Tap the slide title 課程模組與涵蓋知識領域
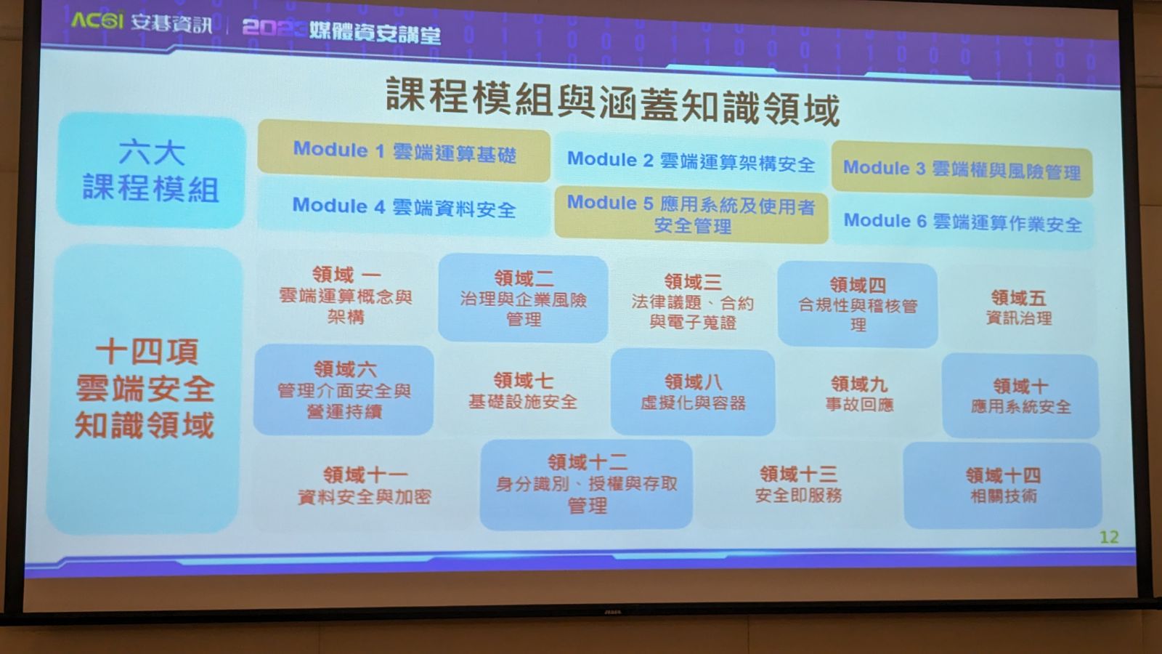pyautogui.click(x=613, y=102)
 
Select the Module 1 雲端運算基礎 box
pyautogui.click(x=404, y=151)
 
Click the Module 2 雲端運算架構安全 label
pyautogui.click(x=691, y=162)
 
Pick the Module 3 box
pyautogui.click(x=962, y=170)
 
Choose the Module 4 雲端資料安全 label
pyautogui.click(x=404, y=207)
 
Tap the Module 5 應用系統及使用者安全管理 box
pyautogui.click(x=691, y=214)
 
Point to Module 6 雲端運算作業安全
pyautogui.click(x=963, y=222)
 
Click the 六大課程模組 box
pyautogui.click(x=150, y=170)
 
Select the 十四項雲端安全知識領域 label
pyautogui.click(x=145, y=389)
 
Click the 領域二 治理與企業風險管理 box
pyautogui.click(x=523, y=298)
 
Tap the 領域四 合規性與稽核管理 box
pyautogui.click(x=858, y=304)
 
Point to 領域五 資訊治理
pyautogui.click(x=1019, y=307)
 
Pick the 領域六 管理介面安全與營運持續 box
pyautogui.click(x=344, y=389)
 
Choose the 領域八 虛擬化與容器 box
pyautogui.click(x=693, y=392)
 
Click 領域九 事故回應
pyautogui.click(x=859, y=394)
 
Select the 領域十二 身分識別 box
pyautogui.click(x=586, y=484)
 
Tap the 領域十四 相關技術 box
pyautogui.click(x=1003, y=485)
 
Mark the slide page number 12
pyautogui.click(x=1109, y=537)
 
